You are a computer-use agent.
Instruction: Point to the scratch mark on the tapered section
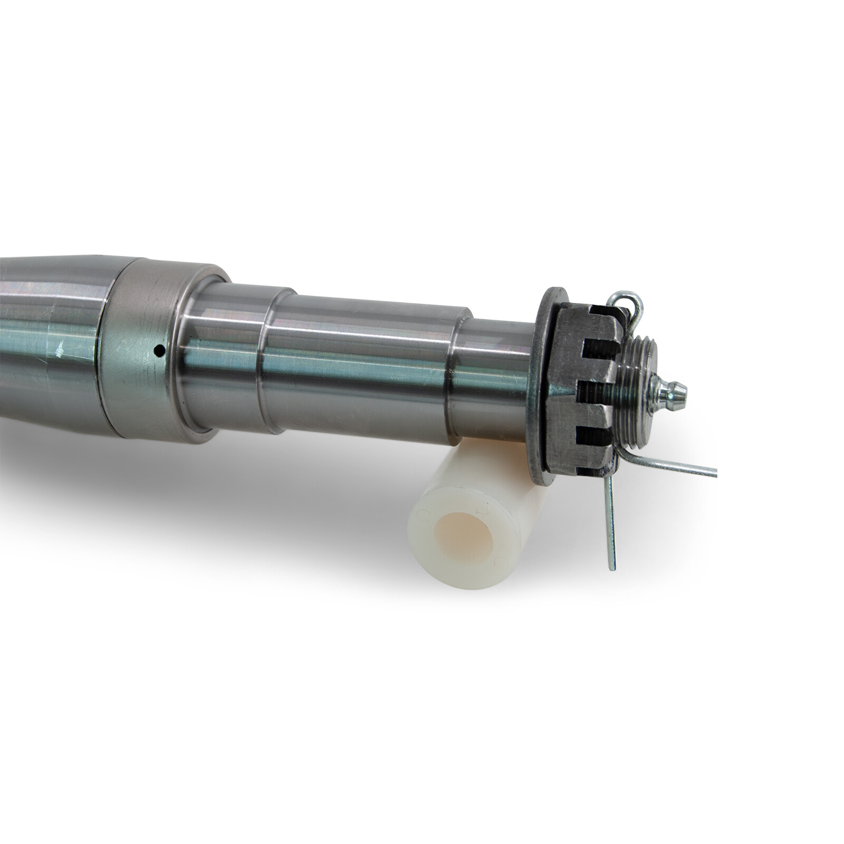click(x=62, y=348)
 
